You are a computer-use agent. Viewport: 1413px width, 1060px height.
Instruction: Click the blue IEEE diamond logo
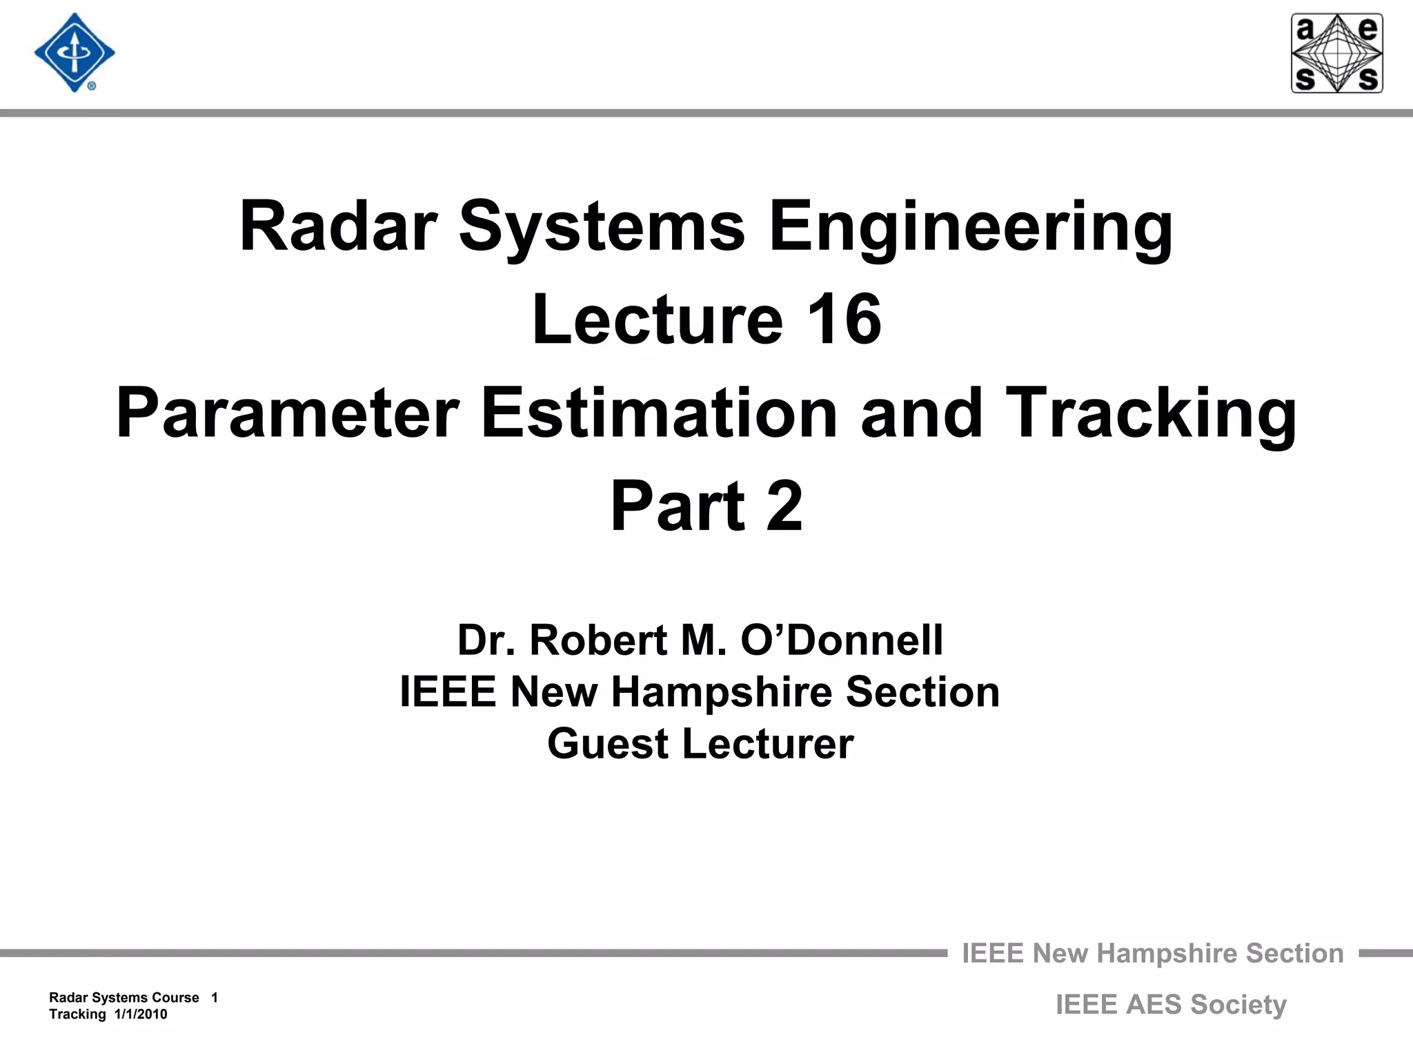click(x=75, y=53)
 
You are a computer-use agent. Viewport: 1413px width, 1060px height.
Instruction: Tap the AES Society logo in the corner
click(x=1336, y=53)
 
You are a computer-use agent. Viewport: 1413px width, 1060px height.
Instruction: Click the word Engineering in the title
click(x=970, y=227)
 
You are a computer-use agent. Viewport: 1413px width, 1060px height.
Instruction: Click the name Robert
click(x=597, y=640)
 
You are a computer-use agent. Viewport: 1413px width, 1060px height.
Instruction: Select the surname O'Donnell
click(x=842, y=640)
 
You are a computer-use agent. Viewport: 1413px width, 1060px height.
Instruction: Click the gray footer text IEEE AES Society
click(x=1171, y=1004)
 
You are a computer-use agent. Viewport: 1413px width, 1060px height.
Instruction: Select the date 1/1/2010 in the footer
click(x=141, y=1014)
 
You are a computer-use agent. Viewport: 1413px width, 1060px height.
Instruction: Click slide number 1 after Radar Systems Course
click(x=215, y=997)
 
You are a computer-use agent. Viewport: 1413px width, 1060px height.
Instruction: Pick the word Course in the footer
click(x=177, y=997)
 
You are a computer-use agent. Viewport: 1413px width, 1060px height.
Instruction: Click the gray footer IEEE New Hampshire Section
click(x=1152, y=953)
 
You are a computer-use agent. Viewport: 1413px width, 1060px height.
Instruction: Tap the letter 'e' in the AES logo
click(x=1367, y=30)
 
